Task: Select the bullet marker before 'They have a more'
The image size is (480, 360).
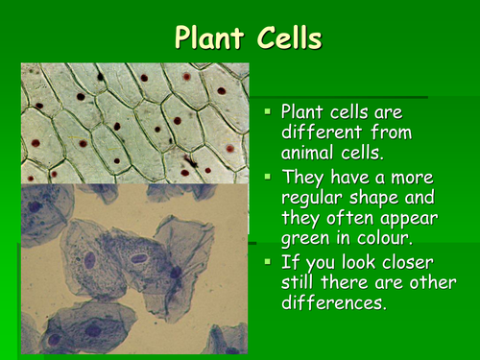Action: pos(268,177)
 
